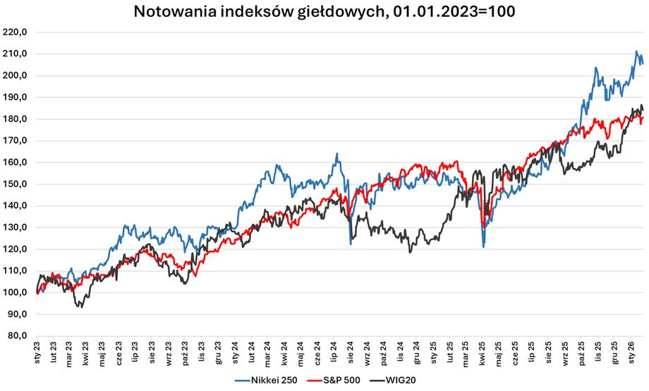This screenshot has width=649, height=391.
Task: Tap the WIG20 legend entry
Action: [398, 381]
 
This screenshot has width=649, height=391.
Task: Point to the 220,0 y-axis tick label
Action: [16, 32]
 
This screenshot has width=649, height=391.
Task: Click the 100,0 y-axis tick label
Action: [16, 292]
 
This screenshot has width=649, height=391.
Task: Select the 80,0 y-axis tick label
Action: [17, 336]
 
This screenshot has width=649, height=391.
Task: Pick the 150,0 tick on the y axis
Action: [16, 185]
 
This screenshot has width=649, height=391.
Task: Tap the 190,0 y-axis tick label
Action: [16, 97]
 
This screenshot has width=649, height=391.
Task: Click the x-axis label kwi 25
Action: [483, 352]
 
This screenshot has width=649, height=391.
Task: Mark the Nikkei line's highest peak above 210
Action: [636, 51]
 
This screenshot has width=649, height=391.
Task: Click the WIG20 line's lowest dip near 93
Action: [82, 306]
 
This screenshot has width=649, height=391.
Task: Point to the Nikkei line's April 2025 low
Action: [483, 247]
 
